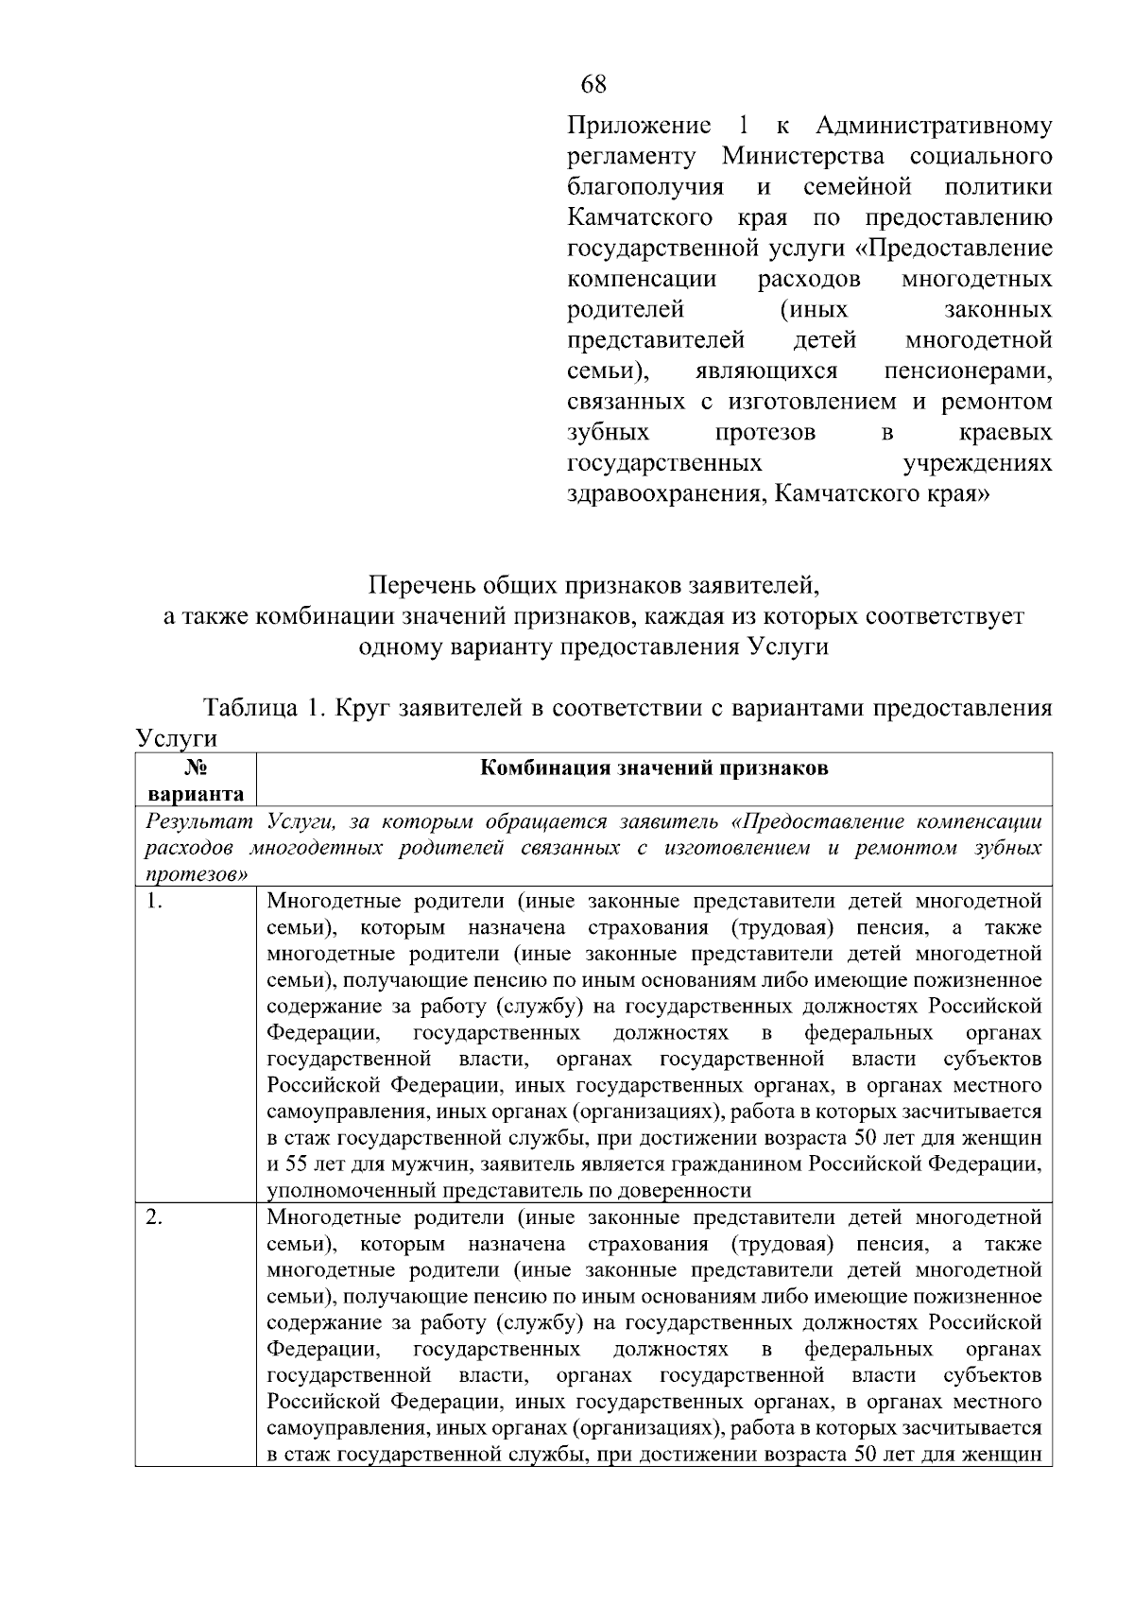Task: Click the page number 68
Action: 593,84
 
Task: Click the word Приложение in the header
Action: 639,126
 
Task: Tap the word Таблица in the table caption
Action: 248,709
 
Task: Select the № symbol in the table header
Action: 195,768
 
